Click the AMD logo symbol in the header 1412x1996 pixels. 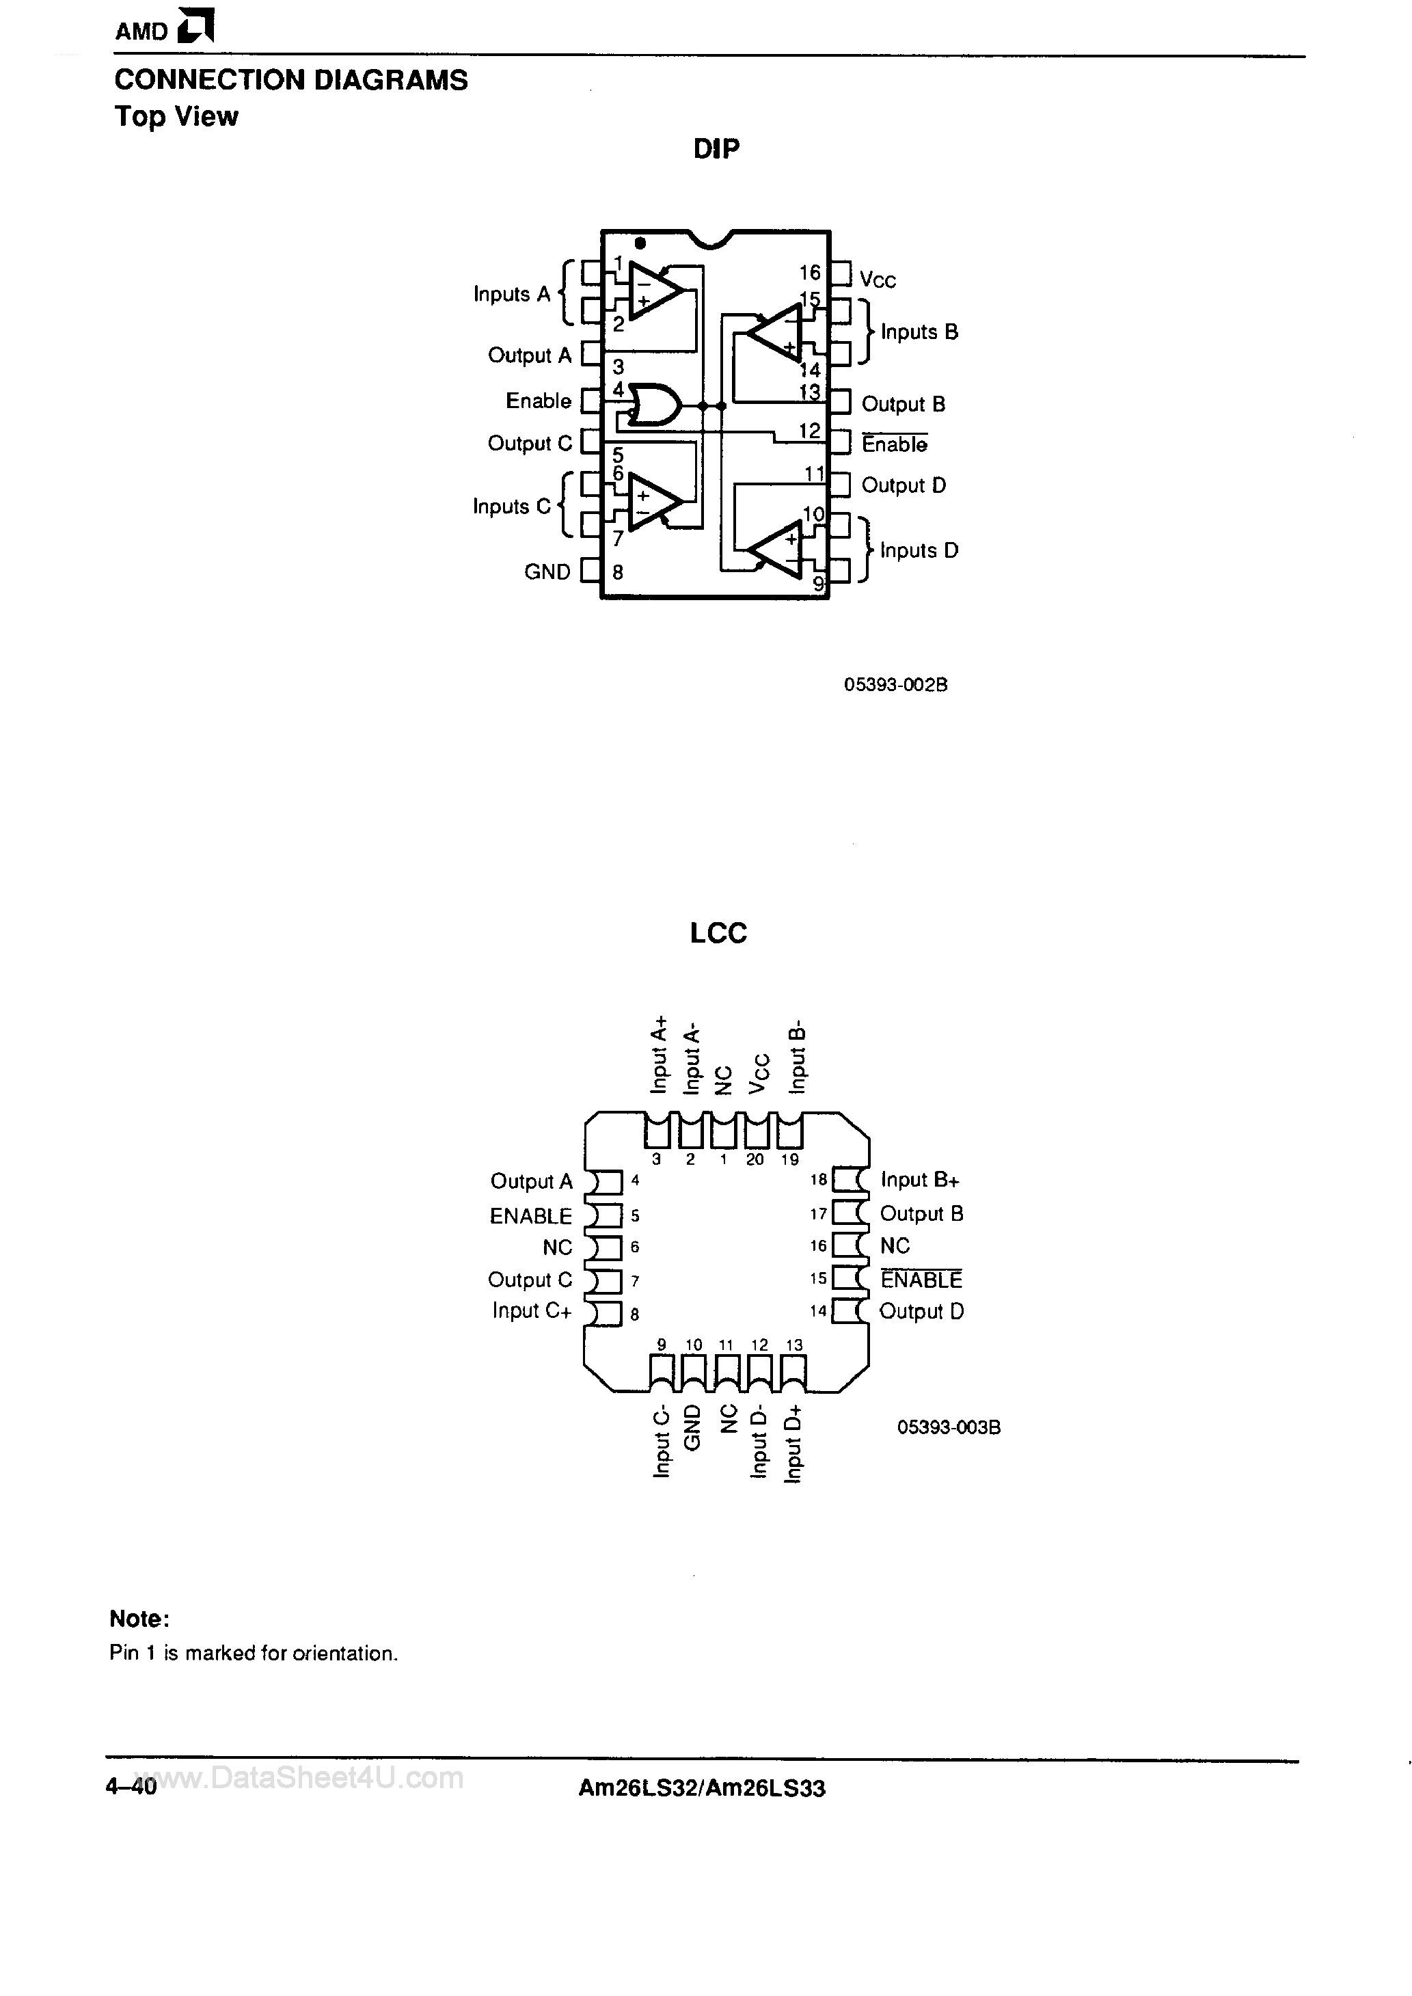pos(195,26)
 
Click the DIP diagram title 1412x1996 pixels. pos(716,150)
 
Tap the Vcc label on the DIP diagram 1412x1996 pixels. pos(878,280)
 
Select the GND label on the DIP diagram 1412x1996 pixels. pos(547,572)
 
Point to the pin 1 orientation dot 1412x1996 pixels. pos(640,243)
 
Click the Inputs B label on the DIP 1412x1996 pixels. pos(919,332)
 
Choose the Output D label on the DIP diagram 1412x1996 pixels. pos(904,485)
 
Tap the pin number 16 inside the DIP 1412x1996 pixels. pos(809,273)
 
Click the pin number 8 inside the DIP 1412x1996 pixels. pos(617,573)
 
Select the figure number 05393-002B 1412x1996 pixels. pos(895,685)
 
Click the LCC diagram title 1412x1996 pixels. pos(718,933)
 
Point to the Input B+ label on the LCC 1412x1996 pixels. pos(920,1180)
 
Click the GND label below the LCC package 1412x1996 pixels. pos(692,1427)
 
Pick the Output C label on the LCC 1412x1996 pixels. pos(530,1280)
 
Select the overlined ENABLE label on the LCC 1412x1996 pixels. pos(921,1280)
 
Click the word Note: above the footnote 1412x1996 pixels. pos(139,1619)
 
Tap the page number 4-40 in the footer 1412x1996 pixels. pos(131,1788)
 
